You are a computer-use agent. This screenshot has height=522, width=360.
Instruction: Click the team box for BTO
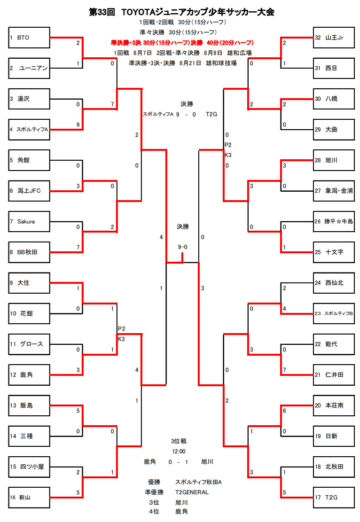tap(29, 38)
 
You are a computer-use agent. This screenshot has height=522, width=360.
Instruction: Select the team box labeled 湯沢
tap(29, 99)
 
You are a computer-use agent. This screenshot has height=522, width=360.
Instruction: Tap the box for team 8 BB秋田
tap(29, 252)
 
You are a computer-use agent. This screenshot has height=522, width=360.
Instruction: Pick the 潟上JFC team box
tap(29, 191)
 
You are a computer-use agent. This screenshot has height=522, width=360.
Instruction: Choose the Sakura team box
tap(29, 221)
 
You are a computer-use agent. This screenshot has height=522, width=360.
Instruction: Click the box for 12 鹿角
tap(29, 374)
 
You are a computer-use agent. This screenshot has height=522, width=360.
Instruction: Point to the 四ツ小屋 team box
tap(29, 467)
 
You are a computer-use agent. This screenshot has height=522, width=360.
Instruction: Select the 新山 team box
tap(29, 497)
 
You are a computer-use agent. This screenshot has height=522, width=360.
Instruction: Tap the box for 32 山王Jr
tap(333, 38)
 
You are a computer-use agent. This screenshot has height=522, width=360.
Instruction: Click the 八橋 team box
tap(333, 99)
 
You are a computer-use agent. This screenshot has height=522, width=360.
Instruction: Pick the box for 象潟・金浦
tap(333, 191)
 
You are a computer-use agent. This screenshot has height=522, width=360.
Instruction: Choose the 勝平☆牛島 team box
tap(333, 221)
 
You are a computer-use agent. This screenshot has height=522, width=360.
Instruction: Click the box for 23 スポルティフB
tap(333, 313)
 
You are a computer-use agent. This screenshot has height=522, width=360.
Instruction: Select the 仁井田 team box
tap(333, 374)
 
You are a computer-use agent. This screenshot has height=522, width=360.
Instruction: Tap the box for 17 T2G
tap(333, 497)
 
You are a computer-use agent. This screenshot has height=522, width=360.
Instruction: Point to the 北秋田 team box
tap(333, 467)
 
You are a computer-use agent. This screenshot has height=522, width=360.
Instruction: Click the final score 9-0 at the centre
tap(183, 247)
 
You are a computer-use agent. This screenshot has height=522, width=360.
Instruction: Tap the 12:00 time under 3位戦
tap(179, 451)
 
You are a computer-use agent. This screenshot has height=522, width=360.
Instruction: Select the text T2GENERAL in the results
tap(192, 492)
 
